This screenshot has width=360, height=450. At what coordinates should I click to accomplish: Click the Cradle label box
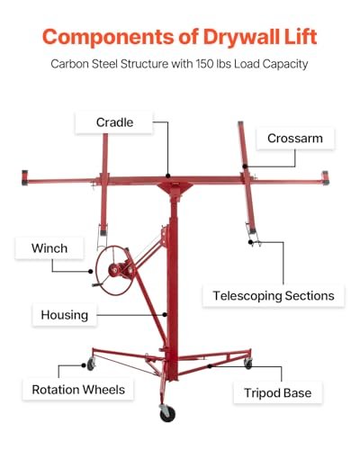pyautogui.click(x=114, y=122)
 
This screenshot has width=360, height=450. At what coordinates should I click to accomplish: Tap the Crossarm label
pyautogui.click(x=295, y=139)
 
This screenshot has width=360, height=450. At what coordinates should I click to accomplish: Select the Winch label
pyautogui.click(x=49, y=248)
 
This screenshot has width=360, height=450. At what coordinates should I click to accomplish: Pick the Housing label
pyautogui.click(x=65, y=315)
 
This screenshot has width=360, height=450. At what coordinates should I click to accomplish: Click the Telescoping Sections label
pyautogui.click(x=274, y=296)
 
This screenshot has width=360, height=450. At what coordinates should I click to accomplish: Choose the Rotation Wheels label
pyautogui.click(x=78, y=390)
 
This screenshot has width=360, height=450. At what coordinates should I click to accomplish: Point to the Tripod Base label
pyautogui.click(x=278, y=392)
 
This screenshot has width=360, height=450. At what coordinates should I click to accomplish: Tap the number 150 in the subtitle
pyautogui.click(x=205, y=64)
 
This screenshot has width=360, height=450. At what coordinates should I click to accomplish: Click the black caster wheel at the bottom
pyautogui.click(x=167, y=414)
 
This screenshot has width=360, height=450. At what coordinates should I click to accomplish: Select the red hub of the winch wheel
pyautogui.click(x=114, y=269)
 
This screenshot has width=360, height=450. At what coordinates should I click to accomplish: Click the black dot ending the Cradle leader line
pyautogui.click(x=168, y=175)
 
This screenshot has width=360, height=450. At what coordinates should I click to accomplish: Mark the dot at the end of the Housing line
pyautogui.click(x=165, y=315)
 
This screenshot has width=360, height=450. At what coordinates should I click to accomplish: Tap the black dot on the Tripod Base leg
pyautogui.click(x=210, y=366)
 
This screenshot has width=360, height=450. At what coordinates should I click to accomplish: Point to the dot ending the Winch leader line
pyautogui.click(x=91, y=271)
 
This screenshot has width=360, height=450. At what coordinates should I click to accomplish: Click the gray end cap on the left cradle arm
pyautogui.click(x=24, y=177)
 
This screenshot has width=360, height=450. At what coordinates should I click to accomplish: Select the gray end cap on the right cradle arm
pyautogui.click(x=325, y=177)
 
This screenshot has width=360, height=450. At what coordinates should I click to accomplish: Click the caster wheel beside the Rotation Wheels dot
pyautogui.click(x=91, y=364)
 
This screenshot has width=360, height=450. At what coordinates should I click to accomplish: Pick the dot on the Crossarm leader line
pyautogui.click(x=245, y=166)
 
